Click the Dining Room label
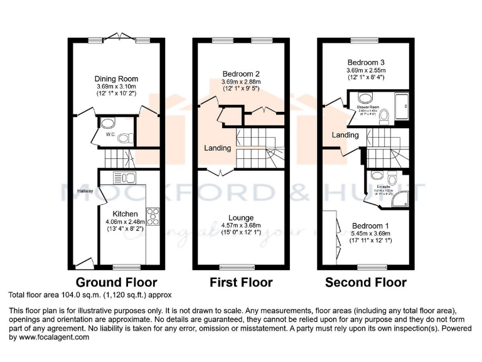tap(115, 79)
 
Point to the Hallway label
tap(85, 191)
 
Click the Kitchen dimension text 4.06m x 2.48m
tap(126, 221)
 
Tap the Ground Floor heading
tap(116, 282)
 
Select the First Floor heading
tap(241, 282)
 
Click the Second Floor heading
tap(365, 282)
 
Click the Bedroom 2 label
tap(240, 74)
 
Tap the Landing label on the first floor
tap(217, 148)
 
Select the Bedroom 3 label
tap(366, 63)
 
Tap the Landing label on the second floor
tap(345, 135)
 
